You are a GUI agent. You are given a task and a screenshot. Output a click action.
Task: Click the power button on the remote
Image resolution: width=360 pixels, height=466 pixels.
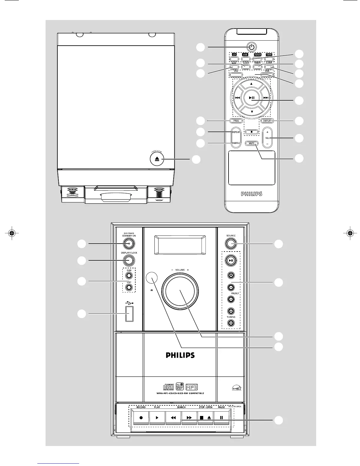click(x=251, y=46)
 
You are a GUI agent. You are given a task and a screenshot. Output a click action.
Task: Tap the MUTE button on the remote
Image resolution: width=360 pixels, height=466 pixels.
click(x=251, y=143)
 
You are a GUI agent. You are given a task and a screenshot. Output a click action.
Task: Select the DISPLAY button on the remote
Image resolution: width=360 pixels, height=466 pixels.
click(x=267, y=121)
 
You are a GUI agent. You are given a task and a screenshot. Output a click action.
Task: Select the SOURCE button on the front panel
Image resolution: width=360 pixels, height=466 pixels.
click(x=231, y=243)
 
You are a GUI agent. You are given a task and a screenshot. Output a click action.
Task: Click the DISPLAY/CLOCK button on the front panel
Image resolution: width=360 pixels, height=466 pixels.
click(x=129, y=260)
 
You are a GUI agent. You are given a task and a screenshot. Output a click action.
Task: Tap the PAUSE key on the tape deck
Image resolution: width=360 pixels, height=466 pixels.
click(x=221, y=417)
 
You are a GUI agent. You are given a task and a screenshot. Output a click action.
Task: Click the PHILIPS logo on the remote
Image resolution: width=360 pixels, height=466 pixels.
click(x=251, y=194)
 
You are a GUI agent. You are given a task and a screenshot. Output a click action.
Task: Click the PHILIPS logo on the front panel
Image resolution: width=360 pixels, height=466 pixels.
click(x=180, y=355)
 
